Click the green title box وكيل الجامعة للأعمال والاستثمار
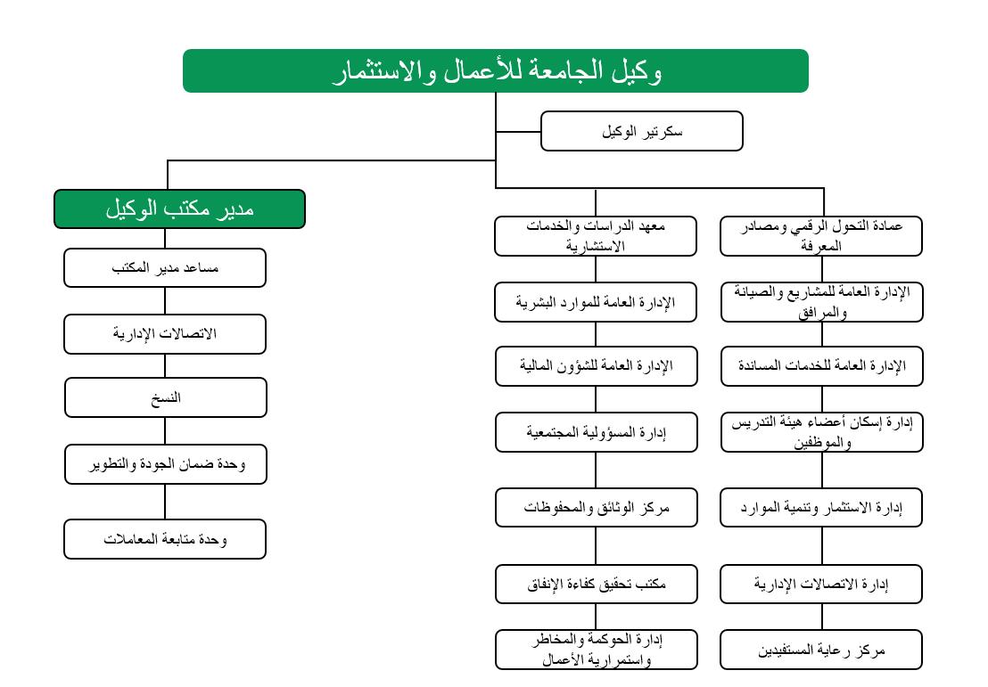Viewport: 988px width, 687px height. tap(495, 71)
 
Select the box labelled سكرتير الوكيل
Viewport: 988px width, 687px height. tap(641, 131)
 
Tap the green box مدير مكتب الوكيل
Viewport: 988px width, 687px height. tap(179, 209)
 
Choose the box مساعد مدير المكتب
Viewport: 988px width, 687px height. tap(165, 267)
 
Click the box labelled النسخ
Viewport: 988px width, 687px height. tap(165, 397)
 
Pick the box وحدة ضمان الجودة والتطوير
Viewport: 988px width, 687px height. tap(165, 464)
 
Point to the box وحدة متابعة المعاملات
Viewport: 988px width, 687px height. tap(165, 539)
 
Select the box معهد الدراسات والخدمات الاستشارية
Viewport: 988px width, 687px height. tap(596, 236)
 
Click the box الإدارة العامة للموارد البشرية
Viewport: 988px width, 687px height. tap(596, 302)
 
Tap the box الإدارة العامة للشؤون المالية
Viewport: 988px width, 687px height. tap(596, 366)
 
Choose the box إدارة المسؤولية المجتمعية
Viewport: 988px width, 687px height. tap(596, 432)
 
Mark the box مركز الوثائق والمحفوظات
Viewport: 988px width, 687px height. tap(596, 507)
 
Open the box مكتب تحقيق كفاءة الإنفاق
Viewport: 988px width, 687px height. tap(596, 584)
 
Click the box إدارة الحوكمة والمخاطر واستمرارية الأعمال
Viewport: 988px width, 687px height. tap(596, 650)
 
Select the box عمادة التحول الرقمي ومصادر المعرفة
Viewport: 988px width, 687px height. tap(821, 236)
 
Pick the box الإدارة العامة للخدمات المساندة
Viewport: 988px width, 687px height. tap(821, 366)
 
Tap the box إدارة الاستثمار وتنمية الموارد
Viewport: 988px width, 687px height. tap(821, 507)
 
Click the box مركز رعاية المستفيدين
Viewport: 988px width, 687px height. tap(821, 650)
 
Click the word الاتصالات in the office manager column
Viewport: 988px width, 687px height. tap(187, 334)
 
